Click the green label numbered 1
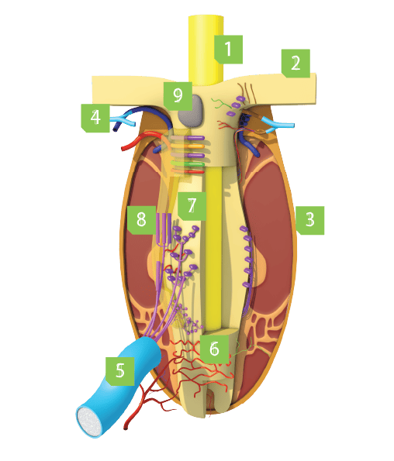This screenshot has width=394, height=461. pyautogui.click(x=228, y=50)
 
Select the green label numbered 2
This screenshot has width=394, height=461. pyautogui.click(x=295, y=64)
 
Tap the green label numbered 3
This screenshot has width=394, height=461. pyautogui.click(x=310, y=220)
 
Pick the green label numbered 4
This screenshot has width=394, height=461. pyautogui.click(x=95, y=118)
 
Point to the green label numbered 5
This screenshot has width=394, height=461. pyautogui.click(x=120, y=371)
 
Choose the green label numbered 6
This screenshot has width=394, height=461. pyautogui.click(x=214, y=349)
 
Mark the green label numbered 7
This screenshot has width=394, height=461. pyautogui.click(x=192, y=206)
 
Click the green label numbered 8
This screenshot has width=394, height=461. pyautogui.click(x=141, y=220)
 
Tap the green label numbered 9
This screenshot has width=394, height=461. pyautogui.click(x=178, y=96)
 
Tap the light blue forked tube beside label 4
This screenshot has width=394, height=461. pyautogui.click(x=123, y=121)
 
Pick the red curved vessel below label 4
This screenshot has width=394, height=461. pyautogui.click(x=138, y=140)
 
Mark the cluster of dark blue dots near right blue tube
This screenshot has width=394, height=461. pyautogui.click(x=245, y=119)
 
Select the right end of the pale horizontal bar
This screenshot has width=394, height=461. pyautogui.click(x=316, y=88)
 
